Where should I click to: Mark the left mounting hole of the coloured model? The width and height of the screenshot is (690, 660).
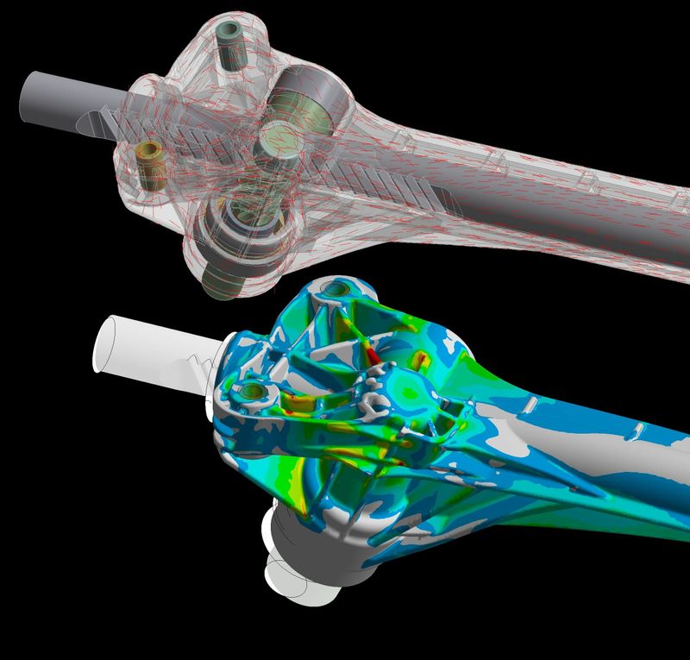pos(251,393)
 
